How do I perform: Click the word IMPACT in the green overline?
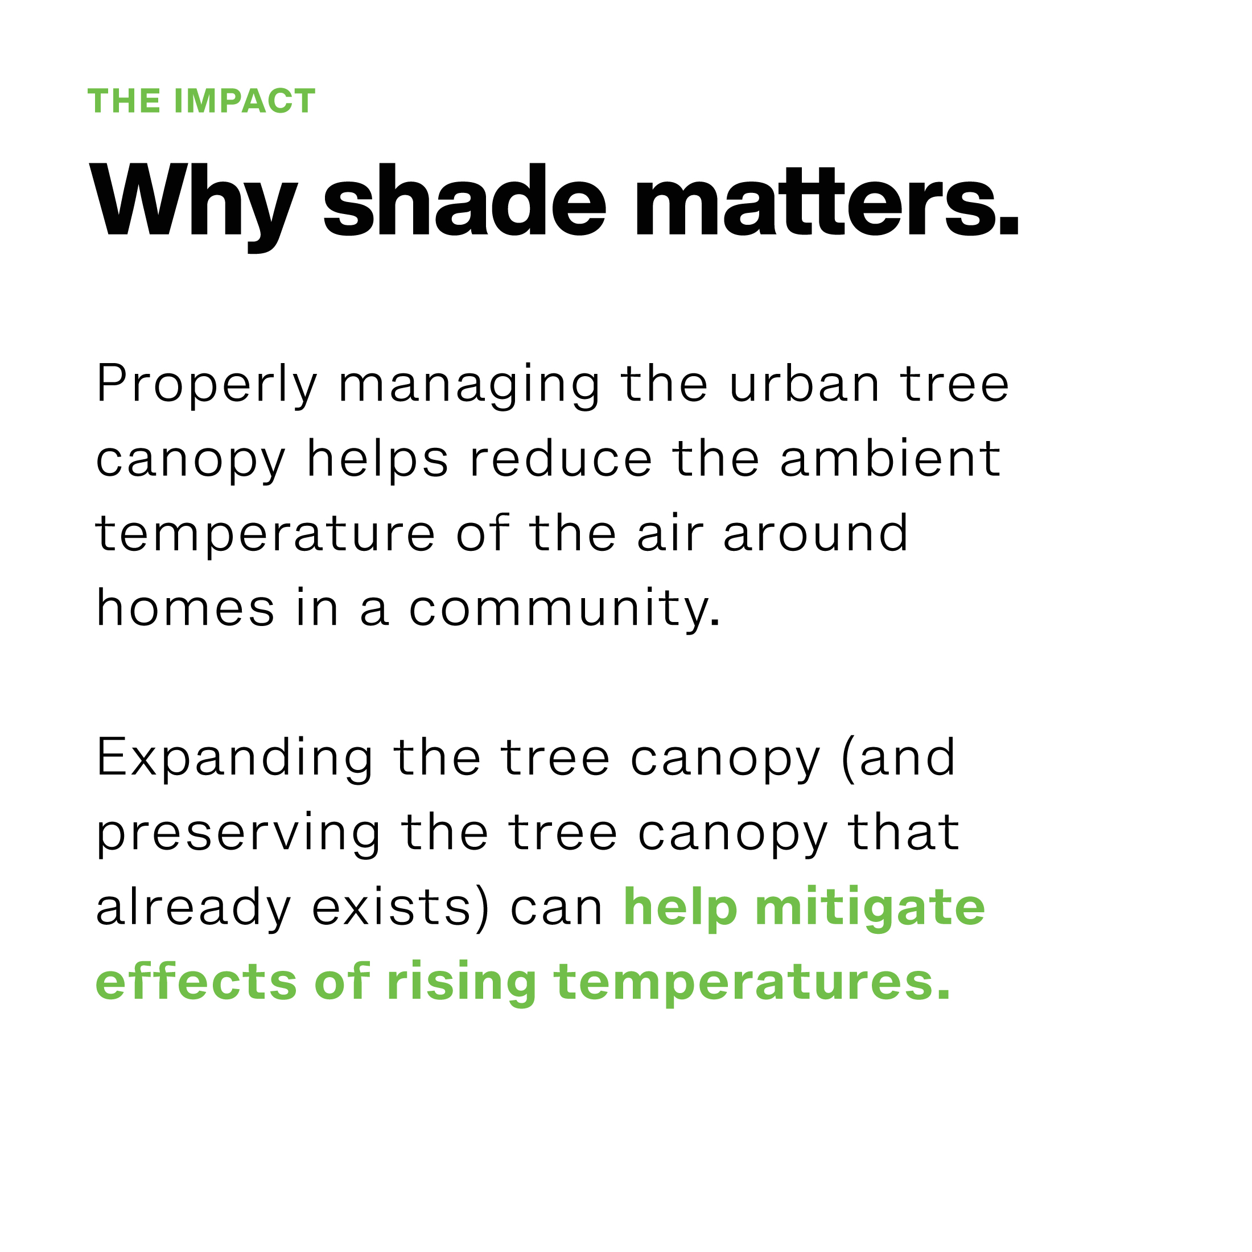tap(245, 101)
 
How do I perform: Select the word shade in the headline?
tap(464, 200)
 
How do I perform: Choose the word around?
tap(816, 533)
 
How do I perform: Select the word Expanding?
tap(234, 758)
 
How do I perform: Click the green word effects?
tap(196, 981)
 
